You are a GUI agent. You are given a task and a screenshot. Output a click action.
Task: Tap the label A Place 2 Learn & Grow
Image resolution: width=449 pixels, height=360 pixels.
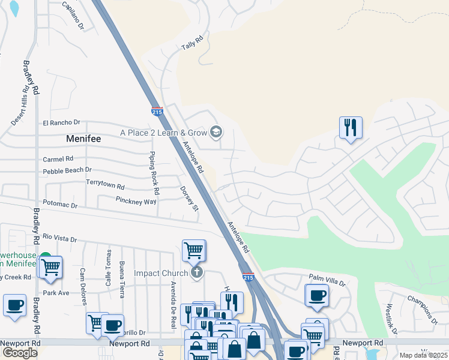tap(163, 132)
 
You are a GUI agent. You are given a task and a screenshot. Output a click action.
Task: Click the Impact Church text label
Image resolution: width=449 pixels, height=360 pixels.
tap(161, 274)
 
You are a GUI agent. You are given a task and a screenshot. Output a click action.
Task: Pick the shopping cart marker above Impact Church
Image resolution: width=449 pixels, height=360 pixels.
tap(193, 250)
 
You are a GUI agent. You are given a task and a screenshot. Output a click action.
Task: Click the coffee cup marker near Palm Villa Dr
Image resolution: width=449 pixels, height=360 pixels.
tap(317, 295)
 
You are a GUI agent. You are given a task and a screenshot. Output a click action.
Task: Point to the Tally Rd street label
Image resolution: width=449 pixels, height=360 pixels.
tap(193, 43)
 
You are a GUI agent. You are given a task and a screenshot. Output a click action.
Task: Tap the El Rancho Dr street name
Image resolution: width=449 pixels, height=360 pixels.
tap(61, 123)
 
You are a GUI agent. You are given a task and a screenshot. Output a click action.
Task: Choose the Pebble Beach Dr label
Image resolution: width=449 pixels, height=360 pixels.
tap(67, 171)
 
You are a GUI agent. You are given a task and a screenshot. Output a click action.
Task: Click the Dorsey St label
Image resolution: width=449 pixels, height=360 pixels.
tap(188, 199)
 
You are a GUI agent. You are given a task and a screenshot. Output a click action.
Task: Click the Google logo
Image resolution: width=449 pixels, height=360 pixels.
tap(20, 353)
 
